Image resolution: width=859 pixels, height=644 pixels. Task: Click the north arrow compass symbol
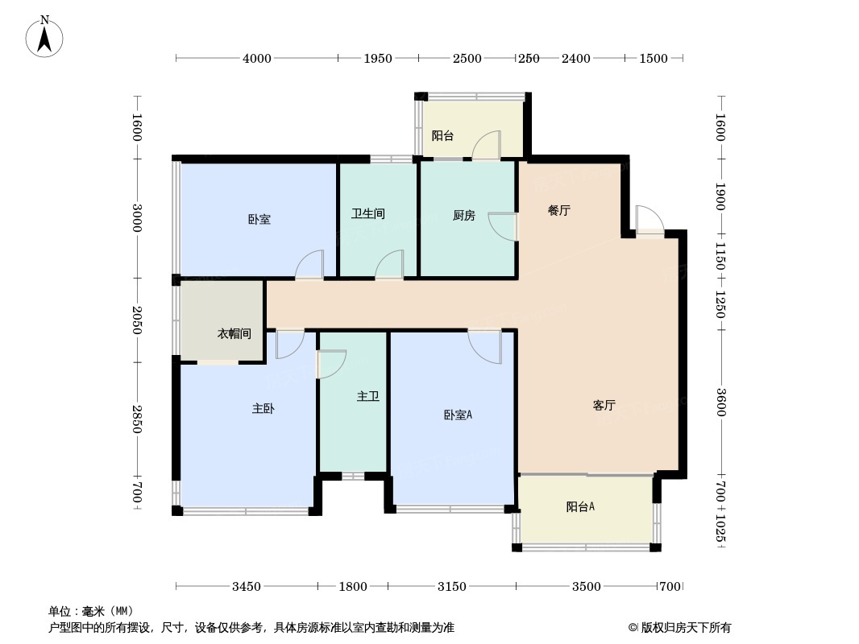[44, 37]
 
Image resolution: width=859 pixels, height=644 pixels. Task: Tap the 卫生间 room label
[368, 213]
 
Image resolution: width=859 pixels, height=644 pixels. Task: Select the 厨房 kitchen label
[464, 216]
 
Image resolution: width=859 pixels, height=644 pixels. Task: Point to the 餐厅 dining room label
[559, 210]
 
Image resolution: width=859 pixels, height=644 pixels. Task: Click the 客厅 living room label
[604, 405]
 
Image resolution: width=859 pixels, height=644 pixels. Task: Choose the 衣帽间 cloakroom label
[234, 333]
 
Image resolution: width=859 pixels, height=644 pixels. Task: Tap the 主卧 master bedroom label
[264, 408]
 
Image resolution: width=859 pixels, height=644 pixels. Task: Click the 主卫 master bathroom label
[368, 395]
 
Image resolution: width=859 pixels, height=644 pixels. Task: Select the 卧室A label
[458, 415]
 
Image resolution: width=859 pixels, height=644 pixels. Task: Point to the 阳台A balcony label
[581, 506]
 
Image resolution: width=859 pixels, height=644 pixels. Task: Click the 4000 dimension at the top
[257, 58]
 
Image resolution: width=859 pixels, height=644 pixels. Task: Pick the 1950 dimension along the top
[378, 58]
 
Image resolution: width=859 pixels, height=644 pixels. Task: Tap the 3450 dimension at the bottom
[247, 587]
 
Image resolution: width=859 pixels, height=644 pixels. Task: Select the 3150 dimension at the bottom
[452, 587]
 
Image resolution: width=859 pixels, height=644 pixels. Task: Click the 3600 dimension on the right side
[721, 402]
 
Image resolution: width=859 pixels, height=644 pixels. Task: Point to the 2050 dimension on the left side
[137, 320]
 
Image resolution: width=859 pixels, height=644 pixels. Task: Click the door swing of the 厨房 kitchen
[502, 226]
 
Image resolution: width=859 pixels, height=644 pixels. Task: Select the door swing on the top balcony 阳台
[487, 145]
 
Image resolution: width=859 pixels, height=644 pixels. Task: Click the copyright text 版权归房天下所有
[686, 628]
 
